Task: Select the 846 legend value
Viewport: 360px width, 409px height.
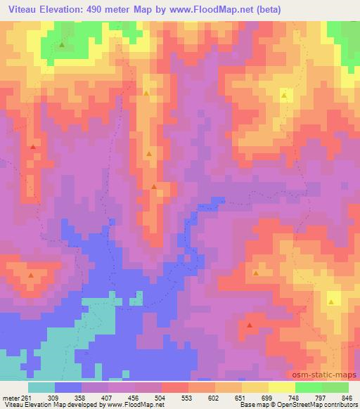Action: click(x=347, y=398)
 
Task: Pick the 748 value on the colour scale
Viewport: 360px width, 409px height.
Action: click(x=295, y=398)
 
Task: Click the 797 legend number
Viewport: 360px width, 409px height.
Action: click(x=321, y=398)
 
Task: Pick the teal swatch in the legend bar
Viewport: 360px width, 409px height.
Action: click(x=41, y=387)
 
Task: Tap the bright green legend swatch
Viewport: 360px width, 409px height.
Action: click(x=309, y=387)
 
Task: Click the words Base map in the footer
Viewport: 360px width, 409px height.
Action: click(x=253, y=405)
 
